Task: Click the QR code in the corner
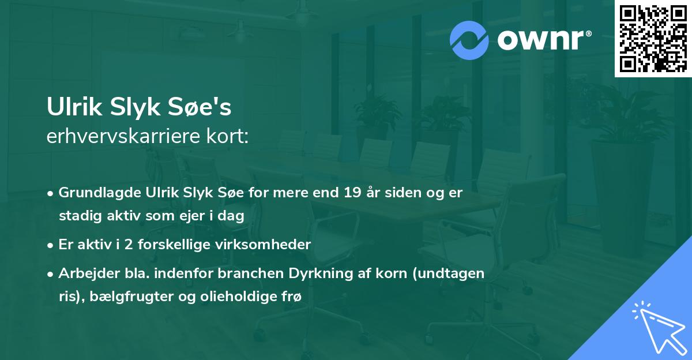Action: click(653, 38)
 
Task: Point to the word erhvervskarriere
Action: click(121, 137)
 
